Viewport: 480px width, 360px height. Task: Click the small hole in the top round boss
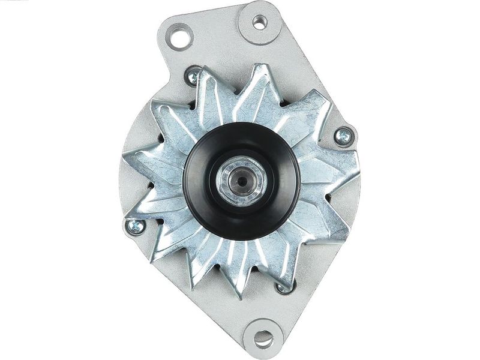[x=259, y=22]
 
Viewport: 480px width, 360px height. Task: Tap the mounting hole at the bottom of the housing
[x=263, y=338]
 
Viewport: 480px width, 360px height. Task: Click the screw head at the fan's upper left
[x=194, y=76]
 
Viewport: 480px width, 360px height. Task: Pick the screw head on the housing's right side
[x=344, y=137]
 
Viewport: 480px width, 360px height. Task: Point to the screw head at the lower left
[x=136, y=226]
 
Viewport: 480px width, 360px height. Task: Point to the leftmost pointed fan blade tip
[x=122, y=157]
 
